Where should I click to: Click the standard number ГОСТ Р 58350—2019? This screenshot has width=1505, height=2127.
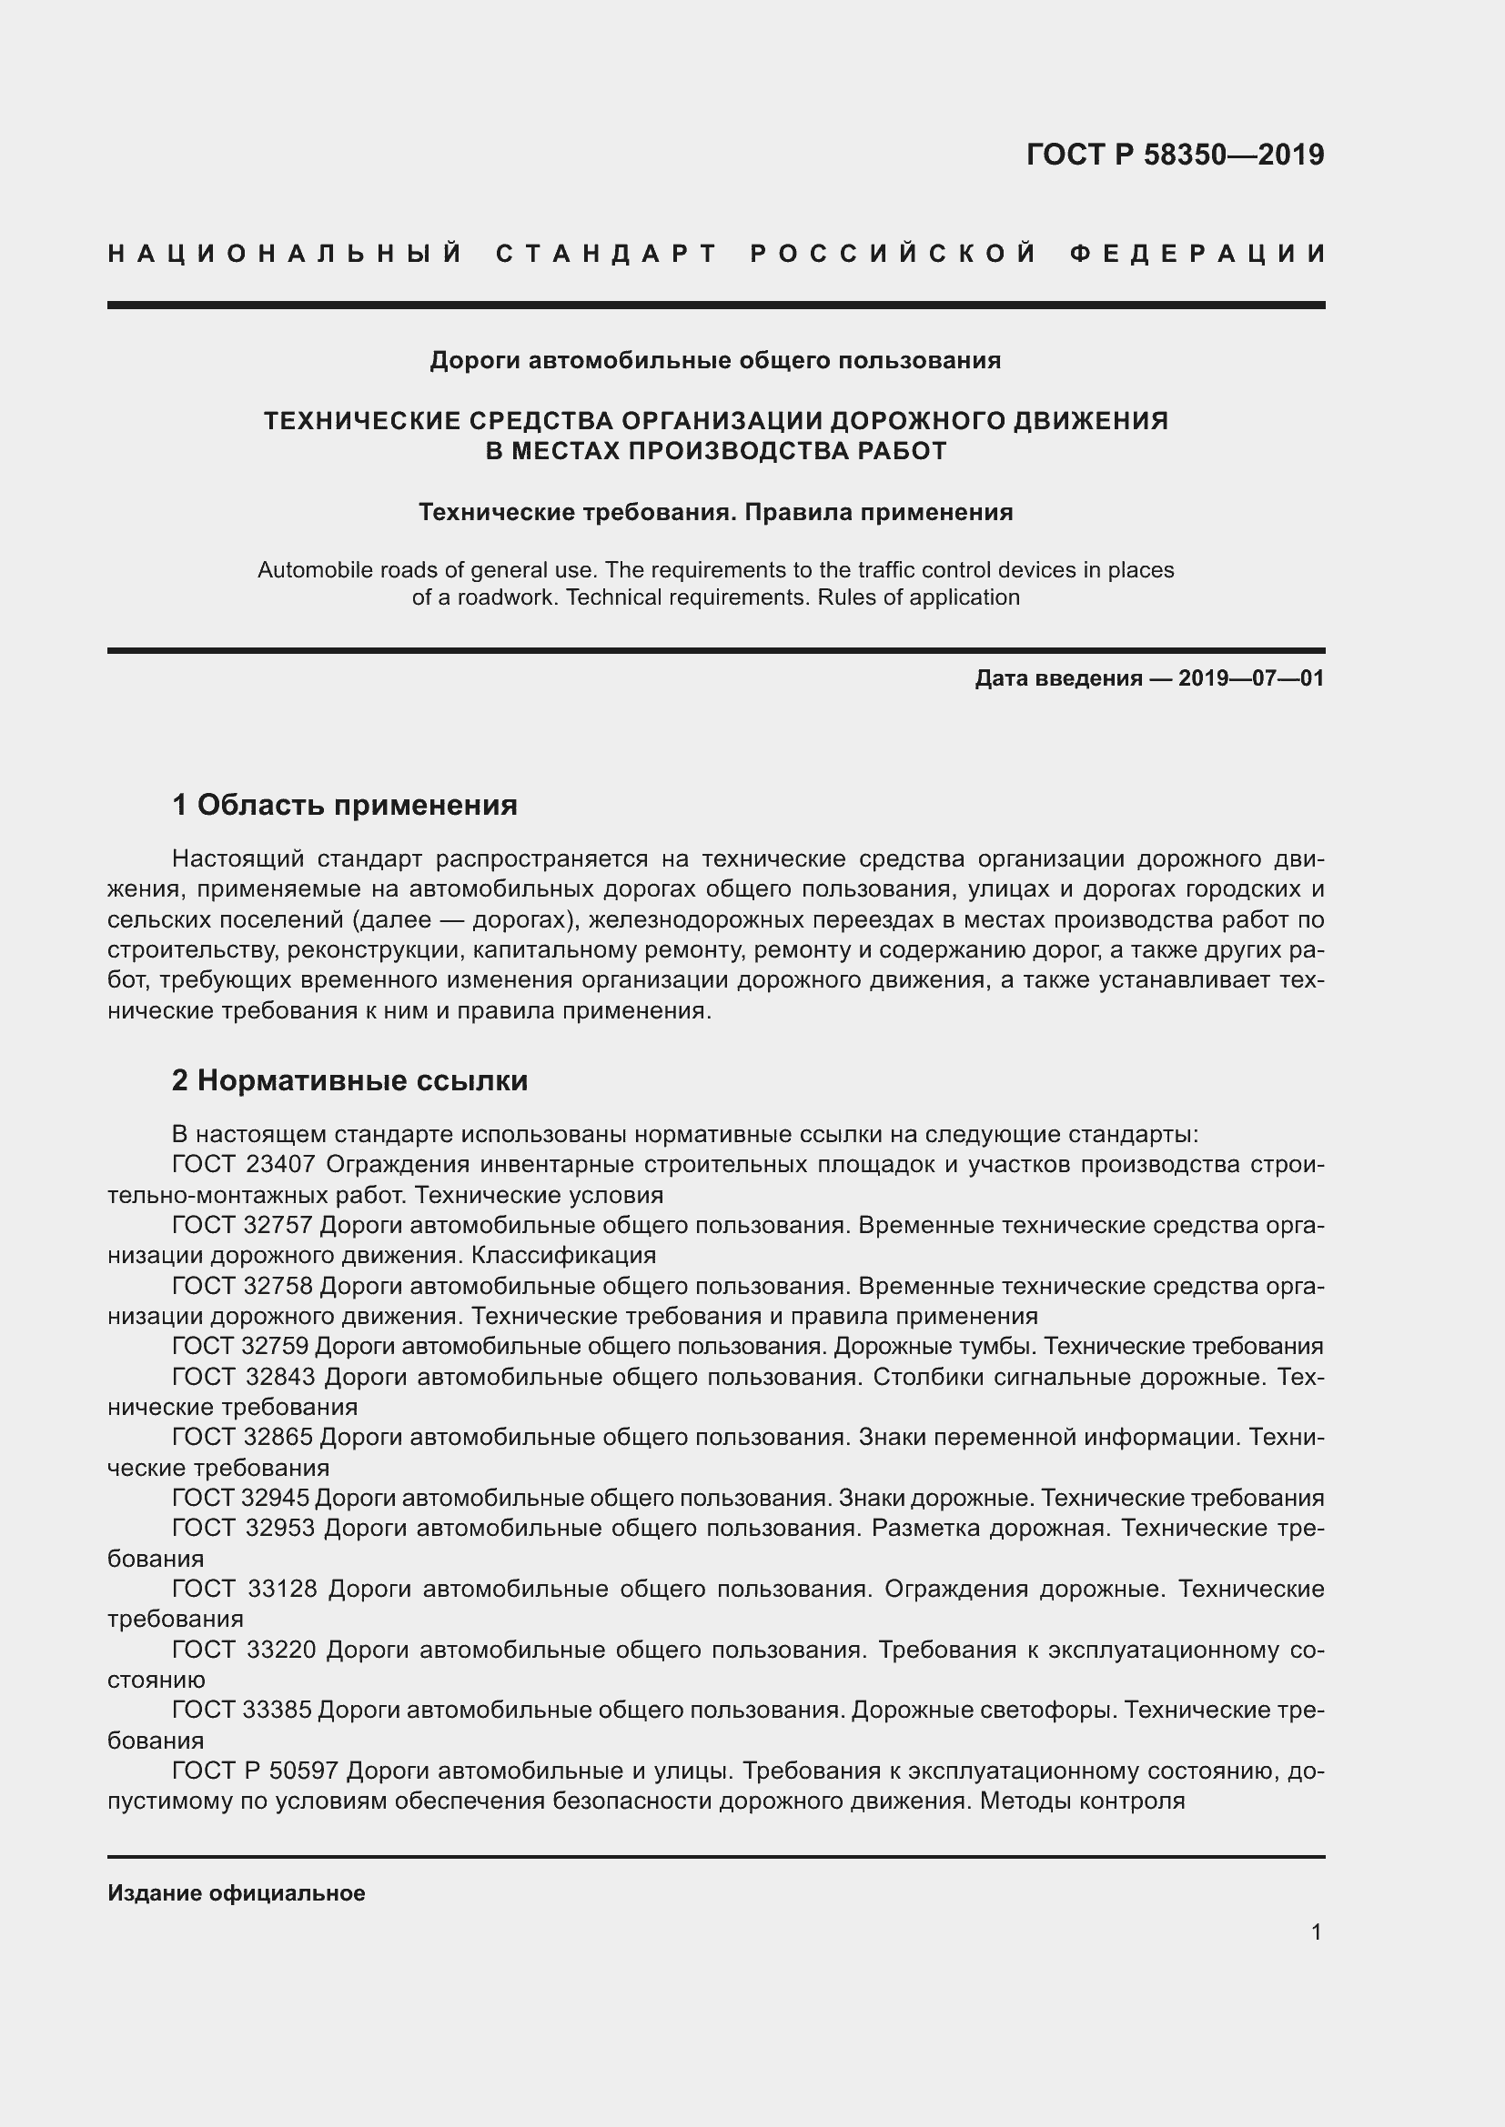1175,155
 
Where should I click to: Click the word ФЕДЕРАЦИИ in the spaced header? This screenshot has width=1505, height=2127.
1197,254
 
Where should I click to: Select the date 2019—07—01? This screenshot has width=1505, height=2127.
1251,678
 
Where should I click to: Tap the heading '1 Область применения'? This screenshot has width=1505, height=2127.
345,805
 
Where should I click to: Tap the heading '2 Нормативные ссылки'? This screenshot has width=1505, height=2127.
349,1080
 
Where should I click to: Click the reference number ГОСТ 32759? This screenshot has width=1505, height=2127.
243,1346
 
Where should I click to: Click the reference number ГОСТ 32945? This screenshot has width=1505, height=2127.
243,1498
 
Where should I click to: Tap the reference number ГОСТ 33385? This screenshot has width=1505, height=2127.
243,1711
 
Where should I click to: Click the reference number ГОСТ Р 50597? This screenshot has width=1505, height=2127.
255,1771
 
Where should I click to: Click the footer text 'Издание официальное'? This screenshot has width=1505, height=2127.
237,1892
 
